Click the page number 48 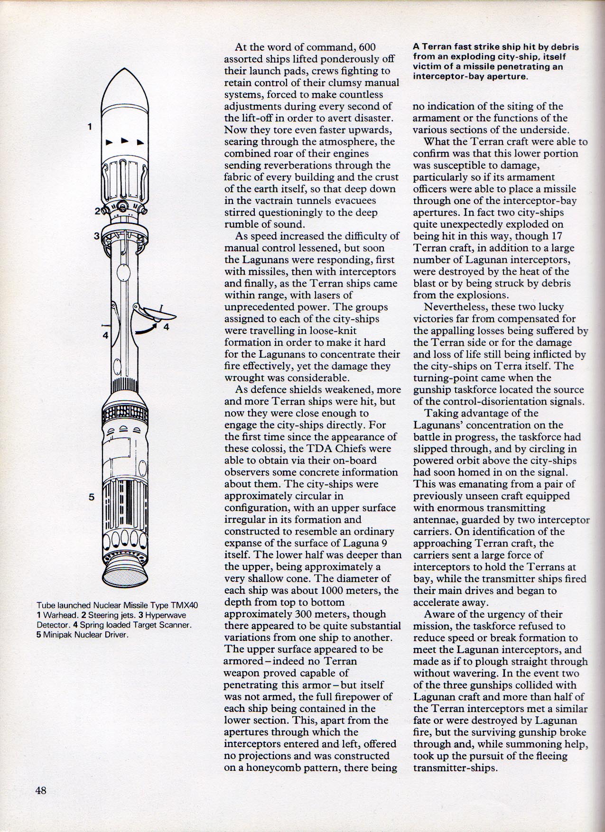(40, 790)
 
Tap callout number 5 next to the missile (92, 497)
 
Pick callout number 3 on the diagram (96, 236)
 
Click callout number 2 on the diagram (98, 212)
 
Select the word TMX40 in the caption (184, 606)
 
